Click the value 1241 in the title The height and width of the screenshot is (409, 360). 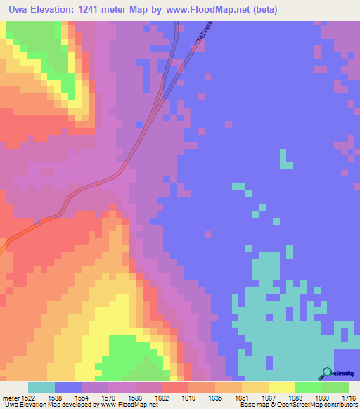tap(94, 10)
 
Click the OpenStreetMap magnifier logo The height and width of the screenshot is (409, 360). tap(327, 372)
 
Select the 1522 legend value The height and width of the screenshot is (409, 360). tap(27, 397)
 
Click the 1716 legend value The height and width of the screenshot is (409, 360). tap(347, 397)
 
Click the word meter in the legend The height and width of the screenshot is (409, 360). tap(9, 397)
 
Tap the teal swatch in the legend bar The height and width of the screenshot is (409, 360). tap(41, 387)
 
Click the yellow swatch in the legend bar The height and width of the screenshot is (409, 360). tap(282, 387)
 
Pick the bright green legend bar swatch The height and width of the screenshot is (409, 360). tap(309, 387)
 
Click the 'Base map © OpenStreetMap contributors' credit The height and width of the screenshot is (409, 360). tap(299, 405)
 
